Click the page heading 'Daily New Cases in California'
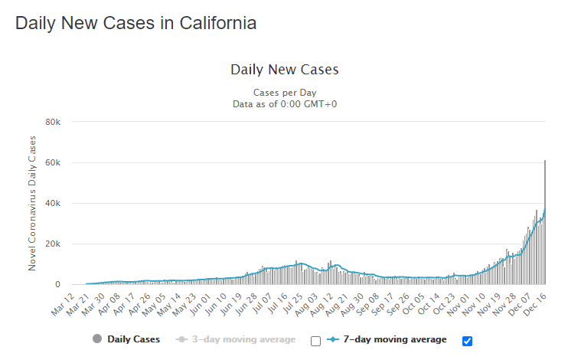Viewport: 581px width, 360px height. click(135, 23)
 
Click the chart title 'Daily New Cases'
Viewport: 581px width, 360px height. click(284, 70)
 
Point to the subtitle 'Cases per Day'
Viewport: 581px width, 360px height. click(284, 92)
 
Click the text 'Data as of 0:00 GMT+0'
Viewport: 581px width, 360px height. click(284, 103)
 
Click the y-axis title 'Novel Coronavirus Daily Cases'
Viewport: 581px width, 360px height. click(32, 203)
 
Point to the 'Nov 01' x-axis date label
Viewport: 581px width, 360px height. click(459, 303)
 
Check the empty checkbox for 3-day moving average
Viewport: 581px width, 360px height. click(316, 341)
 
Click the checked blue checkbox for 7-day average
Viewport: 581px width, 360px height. click(468, 341)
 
